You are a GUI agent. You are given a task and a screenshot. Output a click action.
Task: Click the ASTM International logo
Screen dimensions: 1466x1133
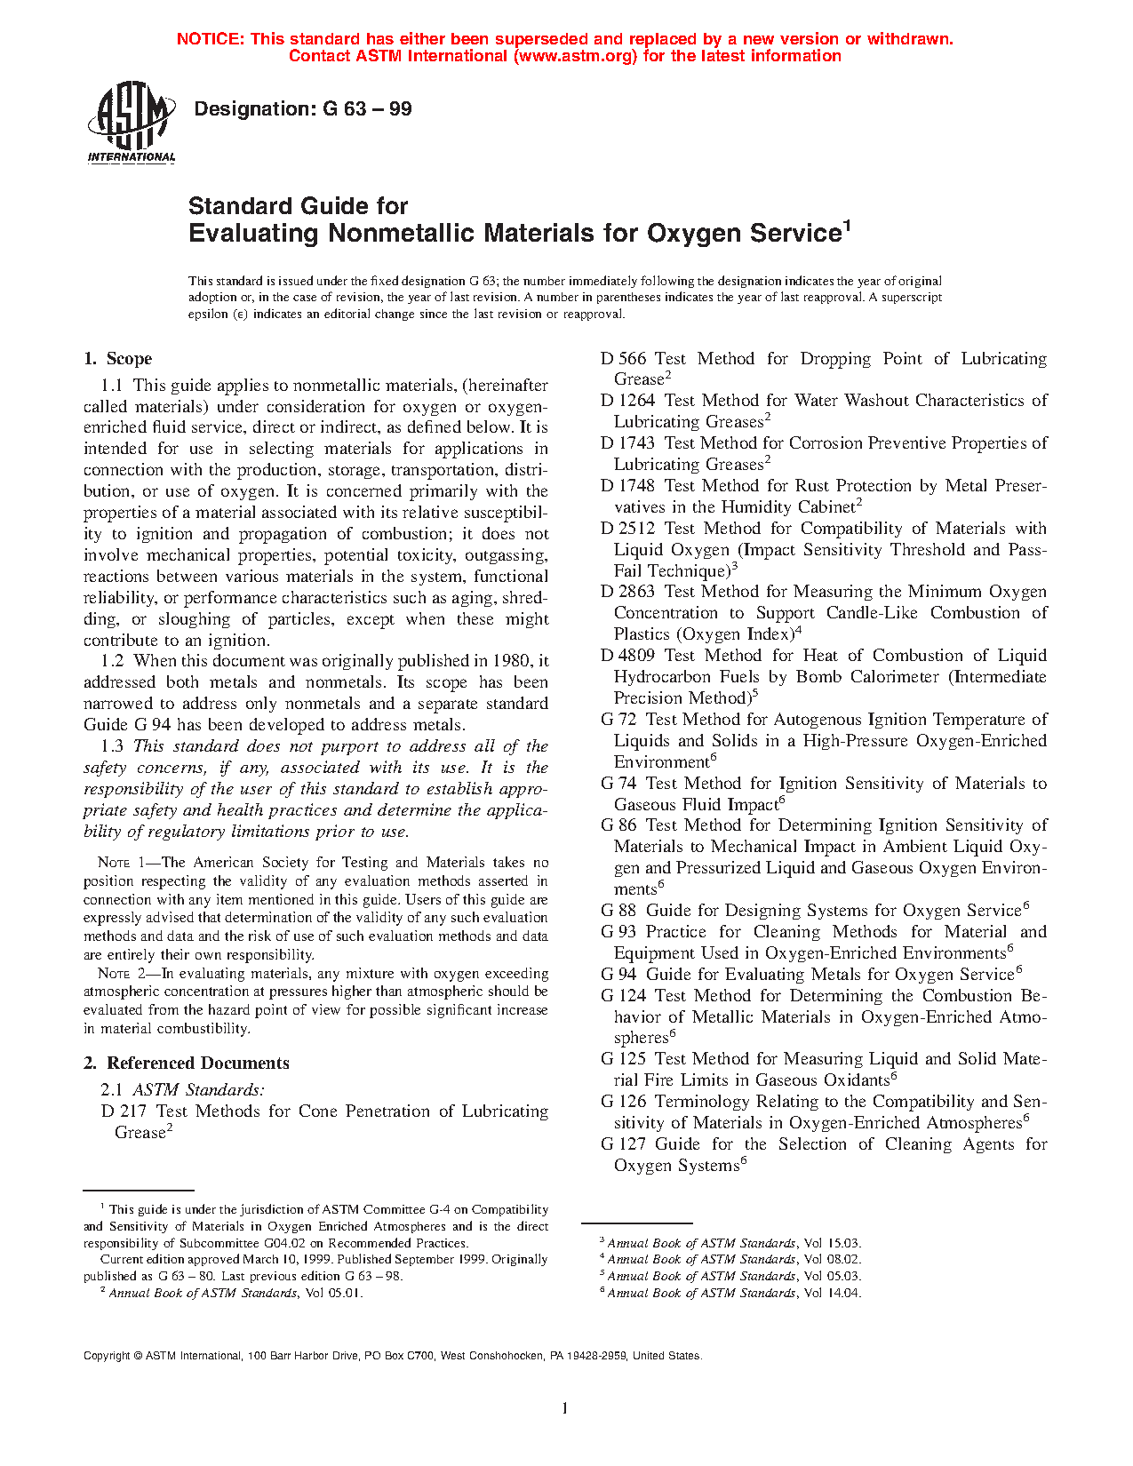131,123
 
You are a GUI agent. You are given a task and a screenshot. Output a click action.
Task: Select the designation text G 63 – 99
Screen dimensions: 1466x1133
367,109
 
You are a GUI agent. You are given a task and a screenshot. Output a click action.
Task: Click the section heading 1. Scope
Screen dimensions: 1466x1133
117,359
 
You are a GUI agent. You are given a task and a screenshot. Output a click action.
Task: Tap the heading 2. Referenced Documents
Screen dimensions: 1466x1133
186,1064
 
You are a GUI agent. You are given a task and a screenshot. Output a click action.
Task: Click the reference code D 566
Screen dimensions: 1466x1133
623,359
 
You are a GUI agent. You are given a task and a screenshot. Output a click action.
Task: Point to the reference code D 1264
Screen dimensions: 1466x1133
627,401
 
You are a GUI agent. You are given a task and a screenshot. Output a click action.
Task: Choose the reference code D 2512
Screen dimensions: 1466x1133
627,529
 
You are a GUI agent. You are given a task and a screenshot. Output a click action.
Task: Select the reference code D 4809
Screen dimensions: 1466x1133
627,656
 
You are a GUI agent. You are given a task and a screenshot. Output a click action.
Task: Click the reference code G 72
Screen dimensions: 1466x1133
618,720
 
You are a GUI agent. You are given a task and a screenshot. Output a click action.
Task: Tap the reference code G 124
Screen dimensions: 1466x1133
623,996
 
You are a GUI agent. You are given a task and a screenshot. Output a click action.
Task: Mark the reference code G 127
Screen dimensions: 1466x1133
623,1144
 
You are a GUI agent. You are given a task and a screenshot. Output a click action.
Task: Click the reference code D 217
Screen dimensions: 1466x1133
124,1111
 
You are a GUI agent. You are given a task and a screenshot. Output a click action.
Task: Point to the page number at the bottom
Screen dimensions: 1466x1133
565,1407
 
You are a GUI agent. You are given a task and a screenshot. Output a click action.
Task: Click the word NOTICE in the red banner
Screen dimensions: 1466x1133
210,39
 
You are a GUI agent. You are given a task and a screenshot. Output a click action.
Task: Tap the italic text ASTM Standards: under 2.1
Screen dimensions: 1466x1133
198,1090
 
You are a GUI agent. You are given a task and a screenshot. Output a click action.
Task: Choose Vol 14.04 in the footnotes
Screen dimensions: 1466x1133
833,1293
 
